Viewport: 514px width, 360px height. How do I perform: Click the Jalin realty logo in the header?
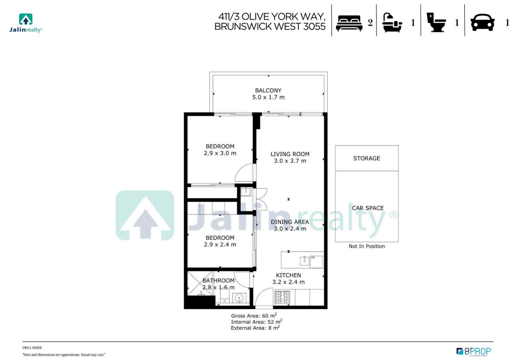click(x=26, y=23)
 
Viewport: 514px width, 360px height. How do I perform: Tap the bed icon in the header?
click(x=349, y=23)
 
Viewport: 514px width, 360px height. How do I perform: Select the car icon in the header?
click(x=482, y=23)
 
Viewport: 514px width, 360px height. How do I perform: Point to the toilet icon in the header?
click(x=436, y=22)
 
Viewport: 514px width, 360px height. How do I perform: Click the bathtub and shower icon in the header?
click(x=392, y=23)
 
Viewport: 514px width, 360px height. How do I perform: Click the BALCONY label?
click(x=268, y=91)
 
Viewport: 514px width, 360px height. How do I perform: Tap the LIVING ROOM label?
click(x=290, y=154)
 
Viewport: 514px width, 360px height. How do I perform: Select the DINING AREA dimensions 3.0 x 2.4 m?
click(x=290, y=229)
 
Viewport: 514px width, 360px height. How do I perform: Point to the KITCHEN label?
click(x=288, y=275)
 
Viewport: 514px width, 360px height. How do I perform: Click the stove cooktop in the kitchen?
click(x=283, y=297)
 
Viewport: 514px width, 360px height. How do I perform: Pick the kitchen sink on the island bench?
click(x=304, y=261)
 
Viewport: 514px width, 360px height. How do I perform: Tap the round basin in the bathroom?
click(x=239, y=298)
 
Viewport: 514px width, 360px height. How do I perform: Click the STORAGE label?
click(x=366, y=158)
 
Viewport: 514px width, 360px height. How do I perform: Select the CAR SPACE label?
click(x=368, y=208)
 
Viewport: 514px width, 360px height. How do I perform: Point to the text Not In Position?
click(x=366, y=246)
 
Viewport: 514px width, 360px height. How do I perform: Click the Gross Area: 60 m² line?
click(x=254, y=316)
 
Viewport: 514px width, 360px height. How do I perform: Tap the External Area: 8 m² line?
click(x=255, y=328)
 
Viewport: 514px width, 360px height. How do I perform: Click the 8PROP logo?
click(x=473, y=351)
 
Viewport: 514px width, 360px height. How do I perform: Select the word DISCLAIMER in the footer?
click(x=32, y=347)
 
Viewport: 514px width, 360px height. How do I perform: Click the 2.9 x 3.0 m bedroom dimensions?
click(x=220, y=153)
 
